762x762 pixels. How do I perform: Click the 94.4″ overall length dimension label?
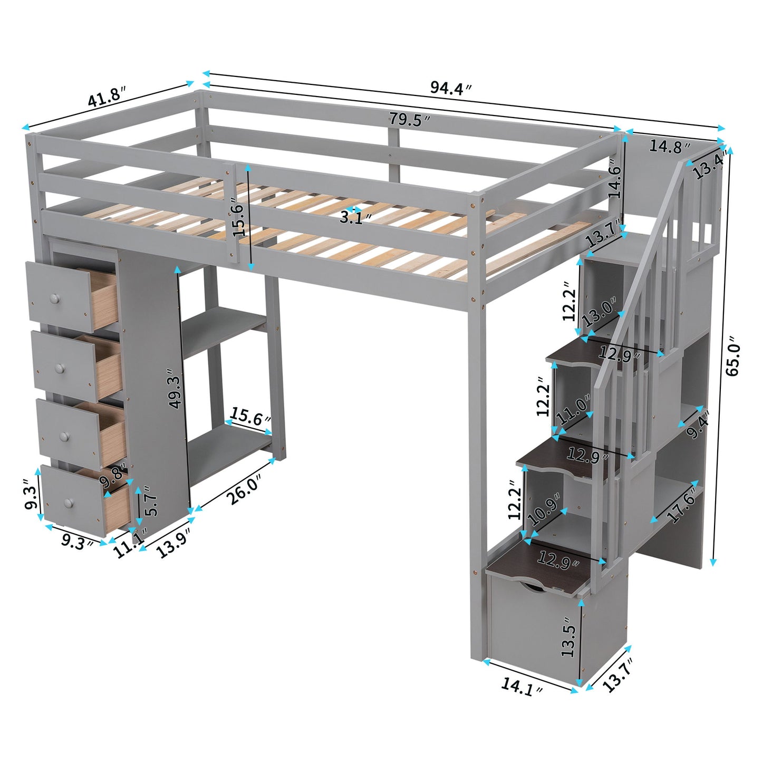pos(450,88)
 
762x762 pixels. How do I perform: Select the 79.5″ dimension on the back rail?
pos(410,120)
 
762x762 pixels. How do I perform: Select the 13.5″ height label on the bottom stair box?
pos(568,637)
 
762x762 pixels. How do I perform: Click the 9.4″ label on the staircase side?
pos(699,425)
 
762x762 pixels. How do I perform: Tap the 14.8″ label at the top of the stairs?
pos(669,146)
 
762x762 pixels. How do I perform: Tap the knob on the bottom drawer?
pos(67,503)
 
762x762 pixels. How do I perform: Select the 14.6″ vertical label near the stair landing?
pos(615,178)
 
